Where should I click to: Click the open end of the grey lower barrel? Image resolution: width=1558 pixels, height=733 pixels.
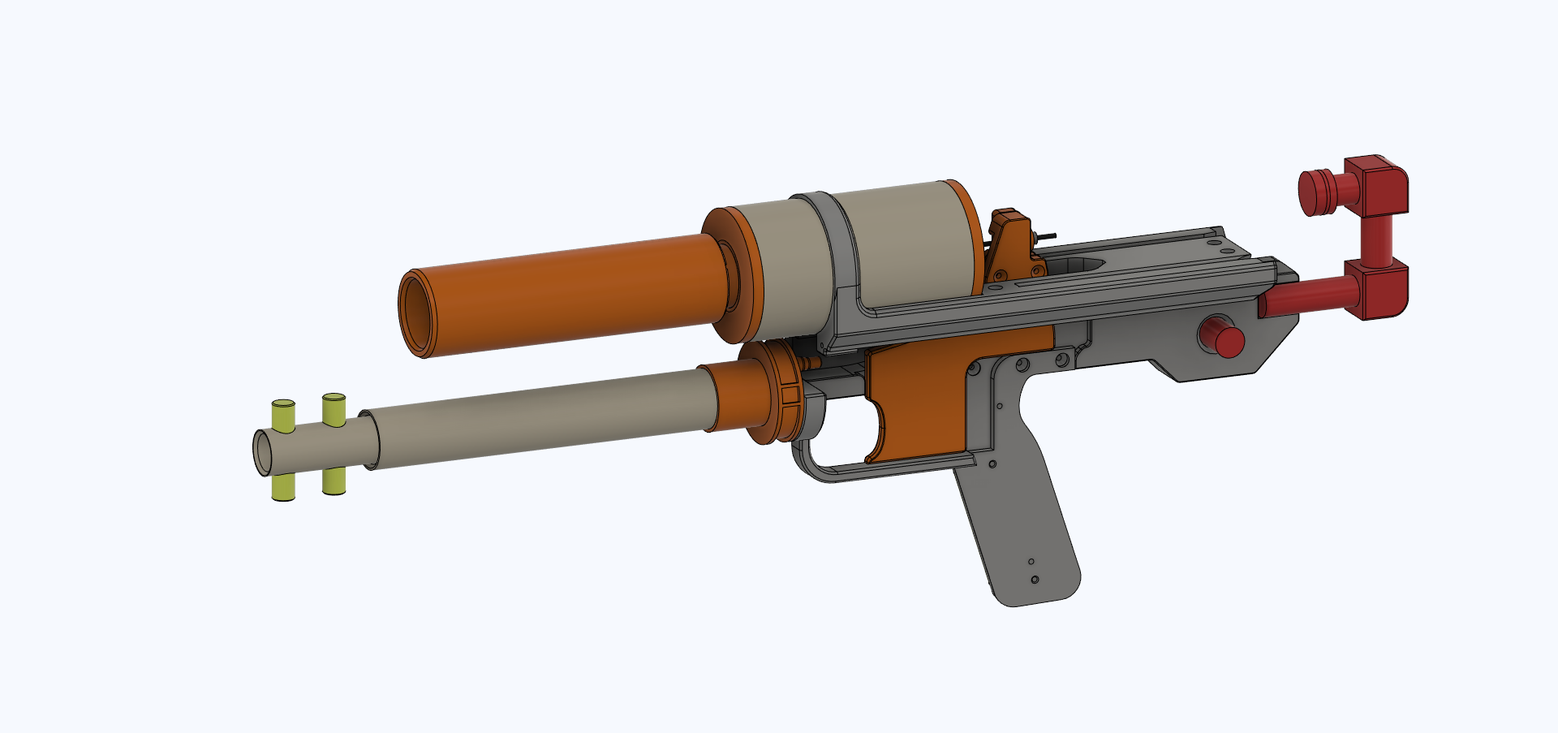point(264,452)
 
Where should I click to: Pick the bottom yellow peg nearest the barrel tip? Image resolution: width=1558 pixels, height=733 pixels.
point(282,487)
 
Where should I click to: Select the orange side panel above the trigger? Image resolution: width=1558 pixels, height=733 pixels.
point(925,390)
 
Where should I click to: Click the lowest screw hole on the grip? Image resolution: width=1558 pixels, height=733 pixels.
point(1035,580)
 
